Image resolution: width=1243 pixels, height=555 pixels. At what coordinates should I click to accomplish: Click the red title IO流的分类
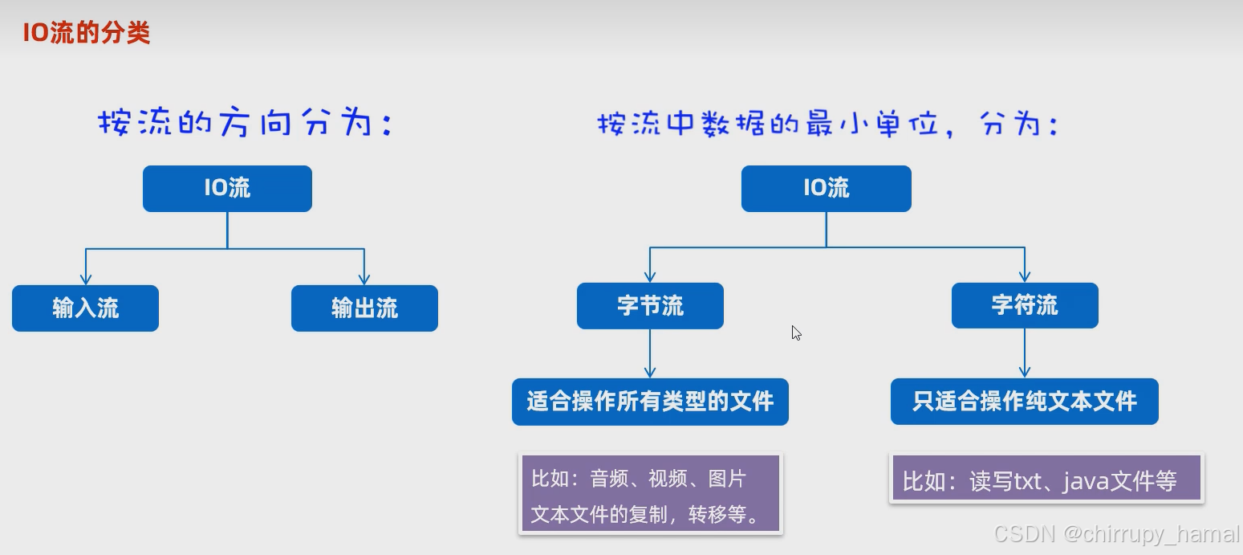[86, 33]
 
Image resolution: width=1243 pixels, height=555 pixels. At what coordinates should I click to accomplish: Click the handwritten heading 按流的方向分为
[245, 124]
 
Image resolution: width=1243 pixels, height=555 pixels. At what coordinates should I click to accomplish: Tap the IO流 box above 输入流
[227, 189]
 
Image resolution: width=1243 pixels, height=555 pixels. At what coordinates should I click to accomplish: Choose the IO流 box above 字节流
[826, 189]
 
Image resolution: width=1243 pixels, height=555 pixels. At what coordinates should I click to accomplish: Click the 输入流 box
[85, 308]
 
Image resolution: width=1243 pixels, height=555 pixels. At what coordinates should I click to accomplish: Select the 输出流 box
[364, 308]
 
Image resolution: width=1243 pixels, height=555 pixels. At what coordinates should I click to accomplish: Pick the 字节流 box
[650, 306]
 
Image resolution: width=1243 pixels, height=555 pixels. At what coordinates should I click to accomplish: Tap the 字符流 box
[1025, 306]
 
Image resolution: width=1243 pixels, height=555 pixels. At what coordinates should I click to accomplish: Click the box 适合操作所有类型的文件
[650, 402]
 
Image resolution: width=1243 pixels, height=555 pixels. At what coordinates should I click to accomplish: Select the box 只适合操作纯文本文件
[1024, 402]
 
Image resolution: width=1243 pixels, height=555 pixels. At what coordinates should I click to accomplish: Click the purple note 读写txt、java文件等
[1046, 480]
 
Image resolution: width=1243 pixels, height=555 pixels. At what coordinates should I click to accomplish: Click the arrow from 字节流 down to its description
[650, 353]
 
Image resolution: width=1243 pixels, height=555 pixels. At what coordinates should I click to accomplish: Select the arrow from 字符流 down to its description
[1025, 353]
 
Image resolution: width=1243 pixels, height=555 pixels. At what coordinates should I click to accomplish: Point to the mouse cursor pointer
[796, 333]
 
